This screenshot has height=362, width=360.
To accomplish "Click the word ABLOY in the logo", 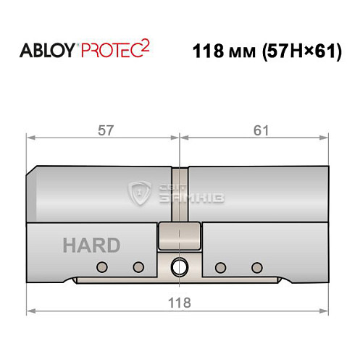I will coord(45,51).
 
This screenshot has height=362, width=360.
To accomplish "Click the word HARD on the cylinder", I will coord(91,245).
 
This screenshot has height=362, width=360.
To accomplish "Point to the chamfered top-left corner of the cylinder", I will coord(32,171).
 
